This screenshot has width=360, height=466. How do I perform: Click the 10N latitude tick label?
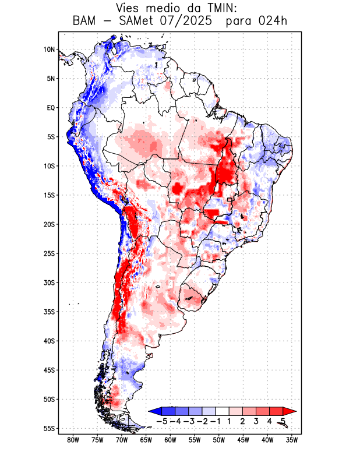49,50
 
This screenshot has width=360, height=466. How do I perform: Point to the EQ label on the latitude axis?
51,108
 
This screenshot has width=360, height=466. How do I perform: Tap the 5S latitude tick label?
51,137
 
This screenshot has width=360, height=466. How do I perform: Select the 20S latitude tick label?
49,224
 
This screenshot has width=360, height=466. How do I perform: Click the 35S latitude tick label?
49,312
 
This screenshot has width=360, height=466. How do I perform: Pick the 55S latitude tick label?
49,428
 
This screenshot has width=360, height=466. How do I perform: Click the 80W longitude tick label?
73,440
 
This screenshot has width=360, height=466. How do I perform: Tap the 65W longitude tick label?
146,440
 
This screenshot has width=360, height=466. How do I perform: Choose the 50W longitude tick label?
218,440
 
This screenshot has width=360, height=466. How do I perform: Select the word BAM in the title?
85,22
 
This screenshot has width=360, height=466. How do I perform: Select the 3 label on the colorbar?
256,421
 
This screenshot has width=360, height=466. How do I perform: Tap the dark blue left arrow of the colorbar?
153,411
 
